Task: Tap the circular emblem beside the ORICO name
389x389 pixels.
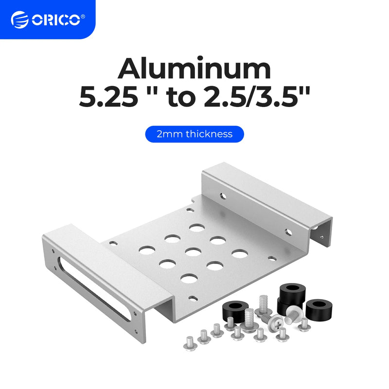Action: click(19, 20)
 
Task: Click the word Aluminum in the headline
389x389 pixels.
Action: click(194, 69)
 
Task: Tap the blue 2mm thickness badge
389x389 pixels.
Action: click(194, 134)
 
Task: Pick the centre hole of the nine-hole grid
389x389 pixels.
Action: click(193, 252)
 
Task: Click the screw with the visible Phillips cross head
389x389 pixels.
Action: click(272, 320)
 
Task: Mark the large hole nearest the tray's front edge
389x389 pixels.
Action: click(188, 278)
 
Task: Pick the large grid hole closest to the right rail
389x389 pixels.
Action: click(238, 253)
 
